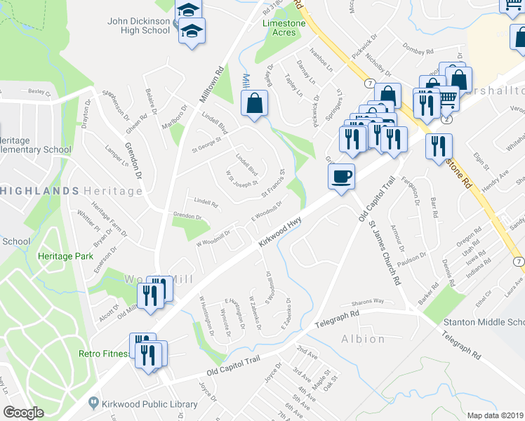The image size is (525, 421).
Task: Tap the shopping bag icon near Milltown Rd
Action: (x=253, y=104)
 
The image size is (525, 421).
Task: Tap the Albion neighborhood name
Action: (x=363, y=339)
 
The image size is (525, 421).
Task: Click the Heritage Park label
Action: (x=66, y=257)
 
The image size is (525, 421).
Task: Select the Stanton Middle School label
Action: (x=484, y=322)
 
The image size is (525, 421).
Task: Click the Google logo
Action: (x=24, y=413)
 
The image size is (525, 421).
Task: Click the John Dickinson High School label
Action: (x=139, y=25)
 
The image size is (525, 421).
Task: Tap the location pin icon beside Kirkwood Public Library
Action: (x=93, y=403)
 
